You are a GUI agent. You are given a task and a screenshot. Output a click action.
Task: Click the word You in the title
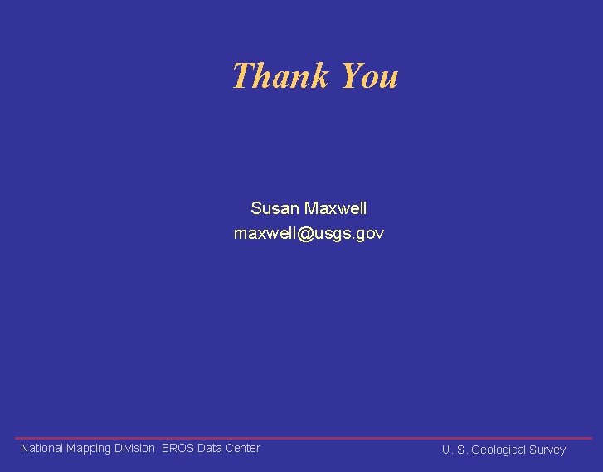point(369,76)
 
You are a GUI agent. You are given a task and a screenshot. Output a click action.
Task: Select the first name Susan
point(275,208)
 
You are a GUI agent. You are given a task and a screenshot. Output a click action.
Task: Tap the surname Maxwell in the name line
point(336,208)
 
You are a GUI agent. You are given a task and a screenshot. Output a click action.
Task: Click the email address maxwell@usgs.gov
point(309,234)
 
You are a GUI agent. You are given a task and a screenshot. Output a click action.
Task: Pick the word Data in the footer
point(210,448)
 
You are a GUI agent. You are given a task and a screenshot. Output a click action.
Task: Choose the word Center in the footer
point(242,448)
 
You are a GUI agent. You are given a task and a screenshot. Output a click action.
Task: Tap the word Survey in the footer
point(547,450)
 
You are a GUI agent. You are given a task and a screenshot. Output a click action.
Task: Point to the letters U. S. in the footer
point(454,450)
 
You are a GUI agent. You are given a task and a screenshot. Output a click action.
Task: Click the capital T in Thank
point(241,76)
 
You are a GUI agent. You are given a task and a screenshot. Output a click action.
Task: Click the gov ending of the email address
point(370,235)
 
